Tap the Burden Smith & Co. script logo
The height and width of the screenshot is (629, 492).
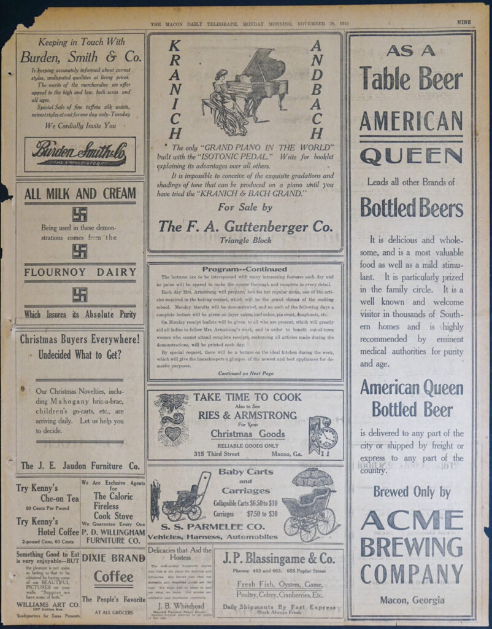80,154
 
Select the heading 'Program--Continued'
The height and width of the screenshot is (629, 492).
245,269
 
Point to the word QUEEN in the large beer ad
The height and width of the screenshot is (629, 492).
410,157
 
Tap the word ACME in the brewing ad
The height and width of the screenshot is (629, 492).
410,520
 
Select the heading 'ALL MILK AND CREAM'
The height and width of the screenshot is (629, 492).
80,194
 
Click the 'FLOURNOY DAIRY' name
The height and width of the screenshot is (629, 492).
80,272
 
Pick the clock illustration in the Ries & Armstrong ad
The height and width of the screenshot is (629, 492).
323,436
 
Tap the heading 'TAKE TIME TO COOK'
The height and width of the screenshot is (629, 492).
247,397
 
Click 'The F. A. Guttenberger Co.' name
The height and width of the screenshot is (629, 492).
245,226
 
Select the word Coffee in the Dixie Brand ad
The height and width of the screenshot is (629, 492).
113,577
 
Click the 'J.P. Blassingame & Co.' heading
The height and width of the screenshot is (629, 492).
279,559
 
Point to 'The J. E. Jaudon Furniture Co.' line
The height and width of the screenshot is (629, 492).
80,466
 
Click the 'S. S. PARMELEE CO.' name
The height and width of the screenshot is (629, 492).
213,526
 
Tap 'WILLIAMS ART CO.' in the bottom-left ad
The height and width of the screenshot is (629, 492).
42,604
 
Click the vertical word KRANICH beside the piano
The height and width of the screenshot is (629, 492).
175,89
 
